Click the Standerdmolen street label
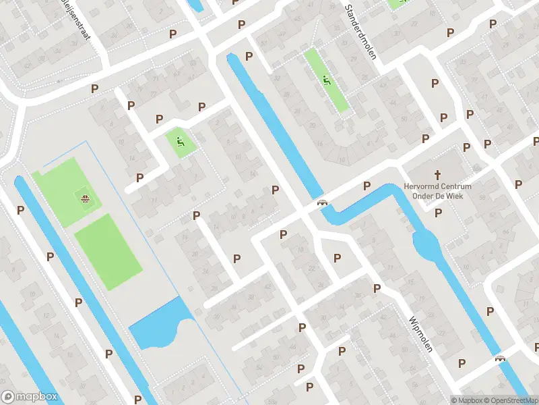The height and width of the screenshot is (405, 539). point(360,32)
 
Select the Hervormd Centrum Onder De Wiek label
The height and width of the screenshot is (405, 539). point(438,191)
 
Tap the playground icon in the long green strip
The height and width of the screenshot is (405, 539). point(326,82)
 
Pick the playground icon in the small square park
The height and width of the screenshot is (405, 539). point(179,142)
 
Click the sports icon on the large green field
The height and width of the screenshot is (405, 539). point(85,198)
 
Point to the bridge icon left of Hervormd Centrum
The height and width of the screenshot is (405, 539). point(323,203)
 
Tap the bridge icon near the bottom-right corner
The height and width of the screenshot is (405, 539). point(500,359)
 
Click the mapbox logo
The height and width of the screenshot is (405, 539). point(30,397)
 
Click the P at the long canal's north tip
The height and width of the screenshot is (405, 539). point(249,57)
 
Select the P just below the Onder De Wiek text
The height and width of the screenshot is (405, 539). point(438,213)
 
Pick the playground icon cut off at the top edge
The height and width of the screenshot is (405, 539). point(398,3)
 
